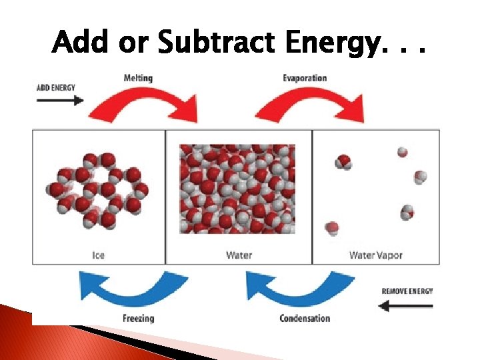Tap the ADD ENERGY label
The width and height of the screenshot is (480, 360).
[56, 87]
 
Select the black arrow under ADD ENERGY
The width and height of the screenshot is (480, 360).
[60, 100]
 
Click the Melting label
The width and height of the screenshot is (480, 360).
[138, 78]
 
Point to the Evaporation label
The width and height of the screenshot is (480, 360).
[305, 78]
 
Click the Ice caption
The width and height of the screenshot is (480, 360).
[99, 255]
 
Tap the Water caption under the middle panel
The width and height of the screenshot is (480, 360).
[239, 255]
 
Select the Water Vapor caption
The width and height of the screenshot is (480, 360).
[375, 255]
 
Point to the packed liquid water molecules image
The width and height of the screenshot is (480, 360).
[237, 189]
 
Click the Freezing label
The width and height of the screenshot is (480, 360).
[138, 318]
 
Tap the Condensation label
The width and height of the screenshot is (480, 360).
[305, 318]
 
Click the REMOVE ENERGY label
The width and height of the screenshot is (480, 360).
[407, 291]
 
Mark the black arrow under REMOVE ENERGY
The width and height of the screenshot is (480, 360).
[405, 306]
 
